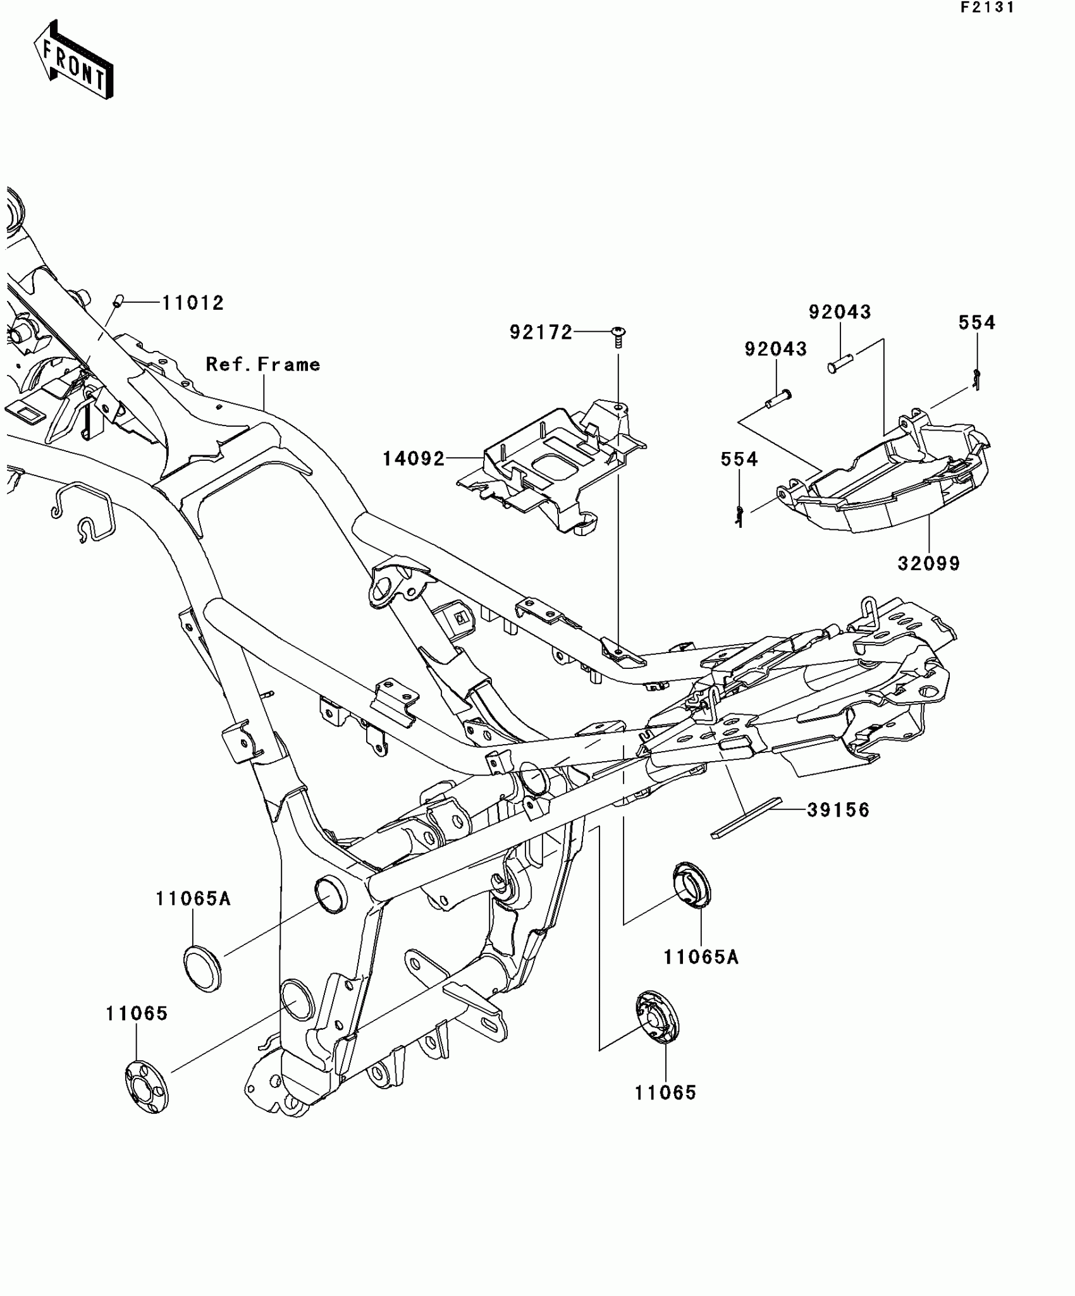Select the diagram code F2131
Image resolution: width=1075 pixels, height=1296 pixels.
[x=987, y=8]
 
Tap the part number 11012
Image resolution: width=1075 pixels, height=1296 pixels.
[x=193, y=303]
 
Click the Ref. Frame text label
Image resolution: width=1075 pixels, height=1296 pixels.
[x=263, y=364]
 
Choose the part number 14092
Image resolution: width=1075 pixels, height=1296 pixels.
[x=414, y=458]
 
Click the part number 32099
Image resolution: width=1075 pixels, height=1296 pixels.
[x=928, y=563]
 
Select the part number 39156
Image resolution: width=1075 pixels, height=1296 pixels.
[x=838, y=810]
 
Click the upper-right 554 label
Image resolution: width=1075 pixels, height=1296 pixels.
[x=977, y=322]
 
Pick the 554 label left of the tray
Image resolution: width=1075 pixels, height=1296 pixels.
[x=739, y=459]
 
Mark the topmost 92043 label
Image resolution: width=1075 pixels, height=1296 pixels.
[x=840, y=312]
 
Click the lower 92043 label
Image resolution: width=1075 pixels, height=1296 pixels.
[x=775, y=349]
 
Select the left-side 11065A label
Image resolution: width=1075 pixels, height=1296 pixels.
[x=193, y=898]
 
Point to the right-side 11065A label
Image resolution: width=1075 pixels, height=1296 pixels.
[x=701, y=957]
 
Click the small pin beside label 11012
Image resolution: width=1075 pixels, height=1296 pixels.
[x=117, y=301]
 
